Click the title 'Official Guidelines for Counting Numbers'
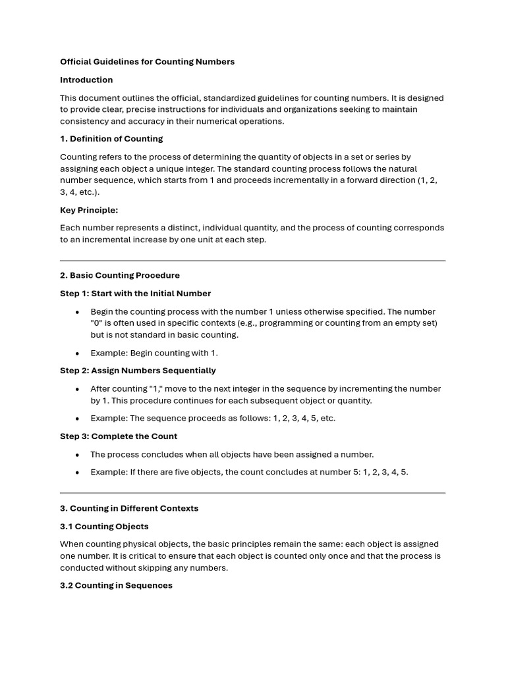point(147,62)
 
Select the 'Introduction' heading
point(86,80)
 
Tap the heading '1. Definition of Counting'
point(111,139)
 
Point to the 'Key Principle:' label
point(89,210)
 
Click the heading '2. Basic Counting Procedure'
point(120,275)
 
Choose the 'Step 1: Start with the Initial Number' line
point(135,293)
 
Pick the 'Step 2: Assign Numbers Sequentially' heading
point(138,371)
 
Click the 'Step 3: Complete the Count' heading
point(119,436)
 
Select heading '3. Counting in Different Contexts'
point(129,508)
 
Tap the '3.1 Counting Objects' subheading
point(104,527)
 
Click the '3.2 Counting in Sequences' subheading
point(116,585)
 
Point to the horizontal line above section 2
point(252,261)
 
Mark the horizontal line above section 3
point(252,492)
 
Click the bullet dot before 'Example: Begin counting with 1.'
point(77,353)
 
